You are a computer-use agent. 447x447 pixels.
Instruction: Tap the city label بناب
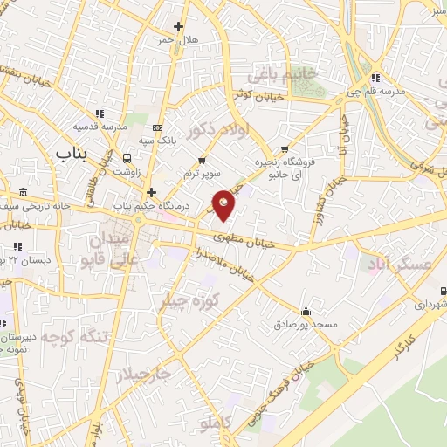(x=73, y=154)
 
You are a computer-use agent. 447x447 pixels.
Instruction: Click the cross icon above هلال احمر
(x=179, y=27)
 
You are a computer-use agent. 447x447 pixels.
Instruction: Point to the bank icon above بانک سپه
(x=157, y=127)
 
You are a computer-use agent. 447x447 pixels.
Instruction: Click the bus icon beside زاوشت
(x=128, y=159)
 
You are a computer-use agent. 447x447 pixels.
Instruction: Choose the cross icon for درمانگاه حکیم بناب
(x=151, y=192)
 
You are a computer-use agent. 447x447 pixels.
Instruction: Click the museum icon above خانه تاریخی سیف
(x=22, y=192)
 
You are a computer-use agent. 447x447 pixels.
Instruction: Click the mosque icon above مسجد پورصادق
(x=306, y=311)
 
